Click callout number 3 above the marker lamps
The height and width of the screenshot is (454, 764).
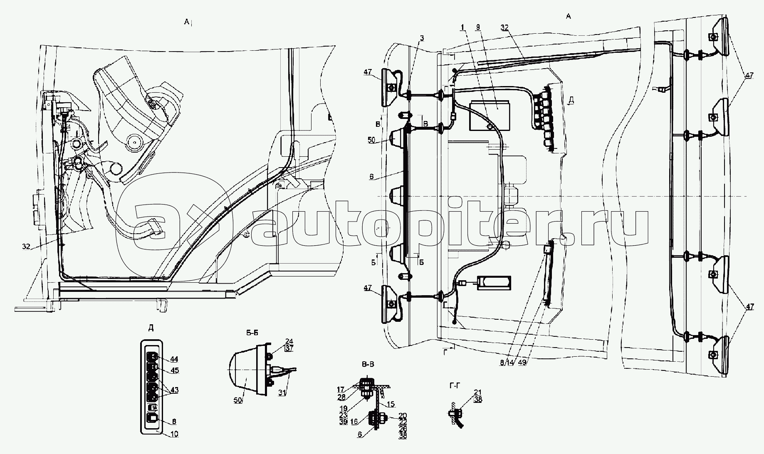coord(422,38)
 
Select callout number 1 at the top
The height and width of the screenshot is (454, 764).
coord(462,27)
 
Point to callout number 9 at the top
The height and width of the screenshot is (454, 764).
coord(478,27)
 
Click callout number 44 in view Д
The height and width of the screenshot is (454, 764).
coord(174,359)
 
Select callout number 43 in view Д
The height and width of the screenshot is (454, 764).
coord(174,390)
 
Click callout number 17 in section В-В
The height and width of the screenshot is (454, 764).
coord(341,390)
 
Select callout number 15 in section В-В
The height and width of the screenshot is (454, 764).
coord(391,404)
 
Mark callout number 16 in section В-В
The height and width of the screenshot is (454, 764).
coord(354,422)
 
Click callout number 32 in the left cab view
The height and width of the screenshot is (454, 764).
coord(26,246)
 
